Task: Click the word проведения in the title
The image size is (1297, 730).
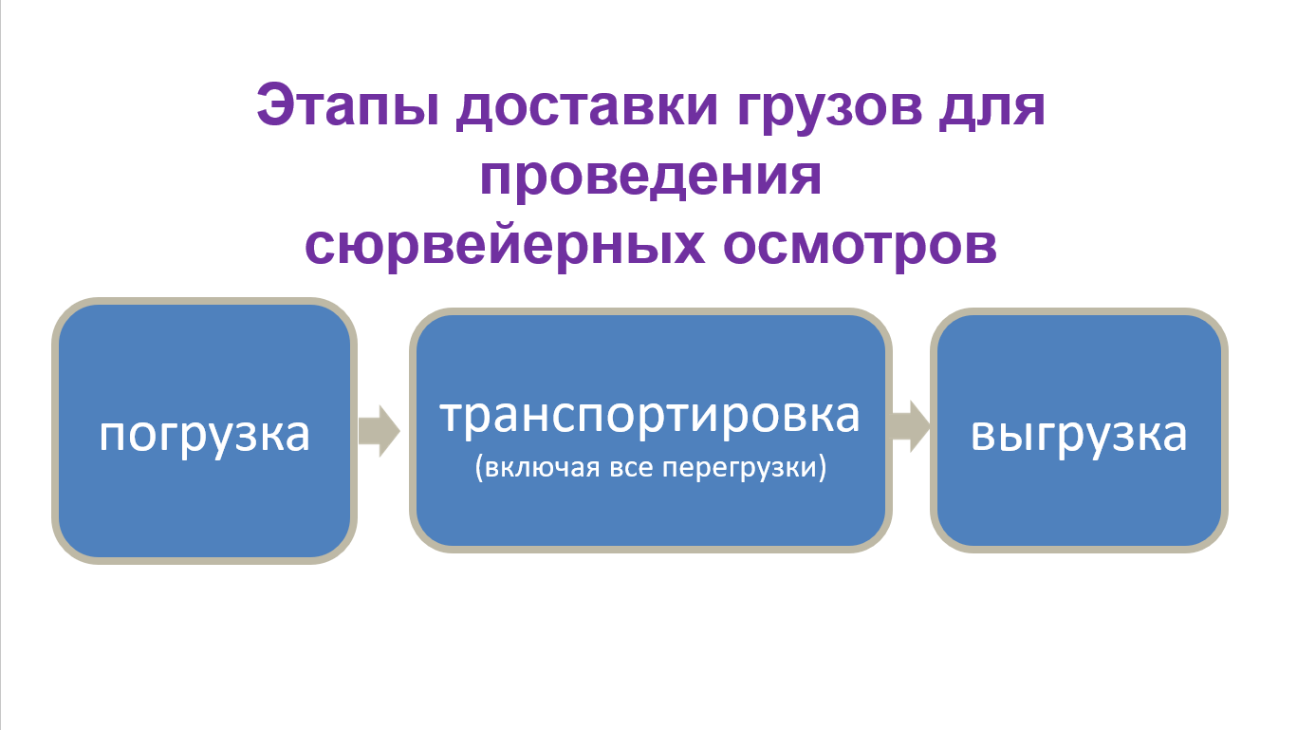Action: (x=650, y=178)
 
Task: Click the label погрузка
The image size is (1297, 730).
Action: (x=205, y=435)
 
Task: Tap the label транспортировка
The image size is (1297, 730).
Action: (x=650, y=418)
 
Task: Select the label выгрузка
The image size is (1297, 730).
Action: (x=1079, y=435)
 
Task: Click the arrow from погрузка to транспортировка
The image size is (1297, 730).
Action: (x=379, y=431)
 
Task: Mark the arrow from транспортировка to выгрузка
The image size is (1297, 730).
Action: (x=909, y=425)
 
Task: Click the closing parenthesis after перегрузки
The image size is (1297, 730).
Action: (x=823, y=470)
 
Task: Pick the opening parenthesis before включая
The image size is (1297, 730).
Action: (x=479, y=470)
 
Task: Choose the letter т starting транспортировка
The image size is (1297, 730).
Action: (x=451, y=419)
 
